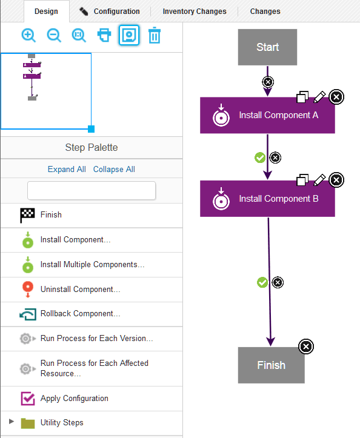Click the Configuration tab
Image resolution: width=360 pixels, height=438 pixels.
(110, 11)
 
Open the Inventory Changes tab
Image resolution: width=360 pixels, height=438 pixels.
(194, 11)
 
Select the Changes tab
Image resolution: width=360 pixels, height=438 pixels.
(265, 11)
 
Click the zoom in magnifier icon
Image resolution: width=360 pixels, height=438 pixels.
(28, 35)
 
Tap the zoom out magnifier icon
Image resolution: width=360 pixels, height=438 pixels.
(54, 35)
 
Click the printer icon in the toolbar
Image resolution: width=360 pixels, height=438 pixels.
(104, 35)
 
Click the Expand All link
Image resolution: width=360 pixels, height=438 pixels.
(67, 169)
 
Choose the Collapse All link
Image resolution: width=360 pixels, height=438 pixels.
(114, 169)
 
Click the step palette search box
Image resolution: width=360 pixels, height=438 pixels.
(92, 190)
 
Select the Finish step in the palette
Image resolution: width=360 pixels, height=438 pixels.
(51, 215)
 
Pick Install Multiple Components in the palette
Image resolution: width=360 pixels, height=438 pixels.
(92, 265)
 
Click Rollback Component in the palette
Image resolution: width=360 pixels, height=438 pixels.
(80, 314)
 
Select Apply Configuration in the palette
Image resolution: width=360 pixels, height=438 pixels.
(74, 399)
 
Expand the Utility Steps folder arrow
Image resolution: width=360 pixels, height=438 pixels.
(12, 422)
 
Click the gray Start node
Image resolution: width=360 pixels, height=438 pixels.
(267, 47)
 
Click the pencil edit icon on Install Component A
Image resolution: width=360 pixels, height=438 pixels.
(319, 96)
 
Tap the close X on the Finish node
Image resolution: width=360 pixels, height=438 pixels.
(306, 347)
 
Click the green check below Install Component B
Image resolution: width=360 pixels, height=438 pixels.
(262, 282)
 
